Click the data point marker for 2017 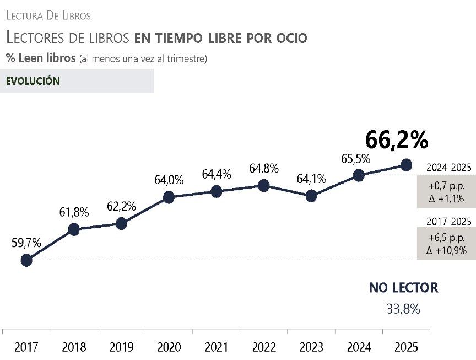pyautogui.click(x=26, y=260)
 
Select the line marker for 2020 pyautogui.click(x=169, y=197)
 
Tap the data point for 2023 pyautogui.click(x=311, y=196)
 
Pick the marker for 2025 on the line pyautogui.click(x=406, y=164)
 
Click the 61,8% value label pyautogui.click(x=74, y=212)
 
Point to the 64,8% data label pyautogui.click(x=263, y=169)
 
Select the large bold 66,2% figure pyautogui.click(x=397, y=141)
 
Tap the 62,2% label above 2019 pyautogui.click(x=121, y=206)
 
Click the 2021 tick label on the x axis pyautogui.click(x=216, y=347)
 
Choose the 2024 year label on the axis pyautogui.click(x=359, y=347)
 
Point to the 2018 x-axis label pyautogui.click(x=74, y=347)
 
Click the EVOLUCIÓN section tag pyautogui.click(x=33, y=81)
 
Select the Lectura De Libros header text pyautogui.click(x=48, y=15)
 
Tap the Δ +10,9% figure pyautogui.click(x=446, y=251)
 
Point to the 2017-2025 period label pyautogui.click(x=449, y=222)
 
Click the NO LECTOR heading pyautogui.click(x=403, y=288)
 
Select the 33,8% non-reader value pyautogui.click(x=403, y=309)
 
